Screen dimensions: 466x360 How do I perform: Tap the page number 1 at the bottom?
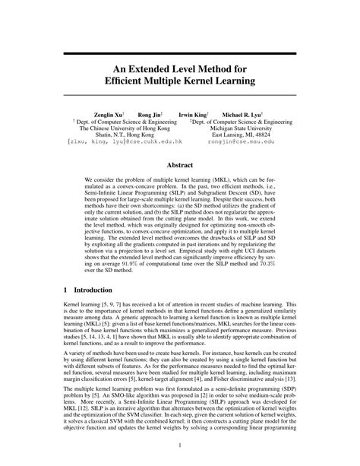point(180,446)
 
